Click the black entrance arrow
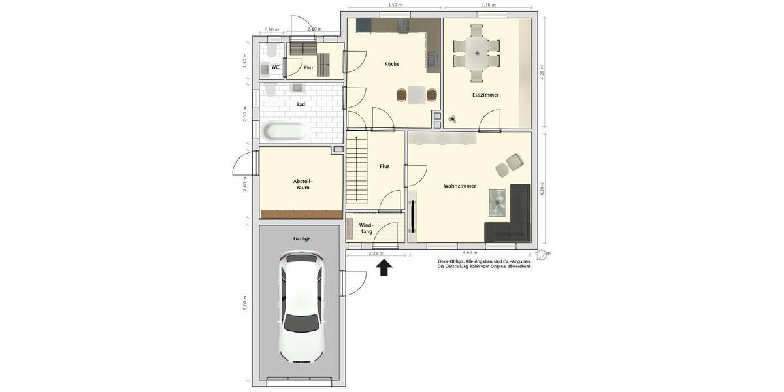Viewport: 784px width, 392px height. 384,267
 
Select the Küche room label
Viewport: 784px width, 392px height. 392,64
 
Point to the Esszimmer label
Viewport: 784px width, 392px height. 485,95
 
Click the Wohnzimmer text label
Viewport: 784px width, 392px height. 459,186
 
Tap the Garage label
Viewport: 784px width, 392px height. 301,238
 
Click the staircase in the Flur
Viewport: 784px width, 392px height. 356,169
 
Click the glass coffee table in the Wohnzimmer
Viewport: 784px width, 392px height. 499,201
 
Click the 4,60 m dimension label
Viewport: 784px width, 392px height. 469,252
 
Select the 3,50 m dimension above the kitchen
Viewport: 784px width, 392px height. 395,5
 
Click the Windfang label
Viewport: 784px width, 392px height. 366,227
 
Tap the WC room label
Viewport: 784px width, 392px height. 276,67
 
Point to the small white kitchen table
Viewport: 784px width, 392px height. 416,95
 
